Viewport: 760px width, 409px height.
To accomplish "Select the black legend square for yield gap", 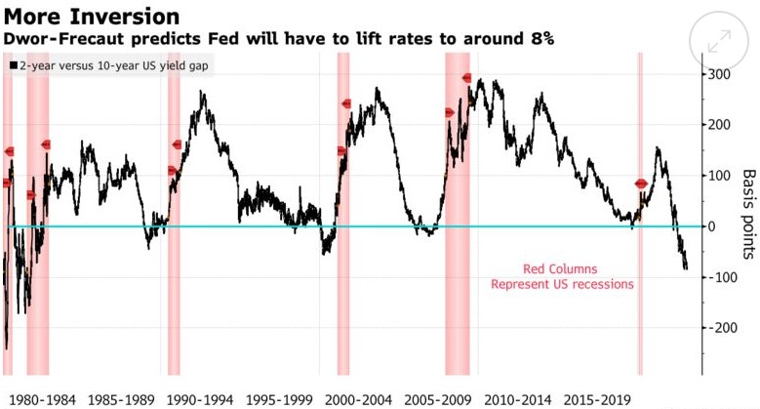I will coord(12,64).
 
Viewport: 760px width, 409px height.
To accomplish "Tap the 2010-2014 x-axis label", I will coord(527,399).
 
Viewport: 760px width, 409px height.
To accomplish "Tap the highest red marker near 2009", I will coord(466,78).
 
